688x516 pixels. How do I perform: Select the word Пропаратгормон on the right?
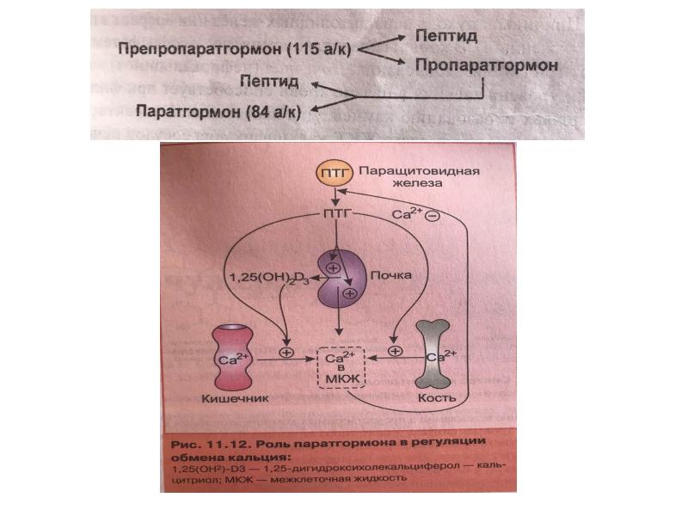[x=487, y=64]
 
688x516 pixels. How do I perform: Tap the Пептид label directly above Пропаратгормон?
[x=446, y=36]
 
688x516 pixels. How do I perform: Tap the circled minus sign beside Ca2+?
[x=433, y=215]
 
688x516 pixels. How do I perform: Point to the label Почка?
[x=387, y=276]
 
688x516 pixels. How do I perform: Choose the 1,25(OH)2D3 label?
[x=267, y=277]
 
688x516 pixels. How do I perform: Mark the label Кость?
[x=437, y=400]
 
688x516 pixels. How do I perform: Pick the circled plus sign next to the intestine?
[x=287, y=352]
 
